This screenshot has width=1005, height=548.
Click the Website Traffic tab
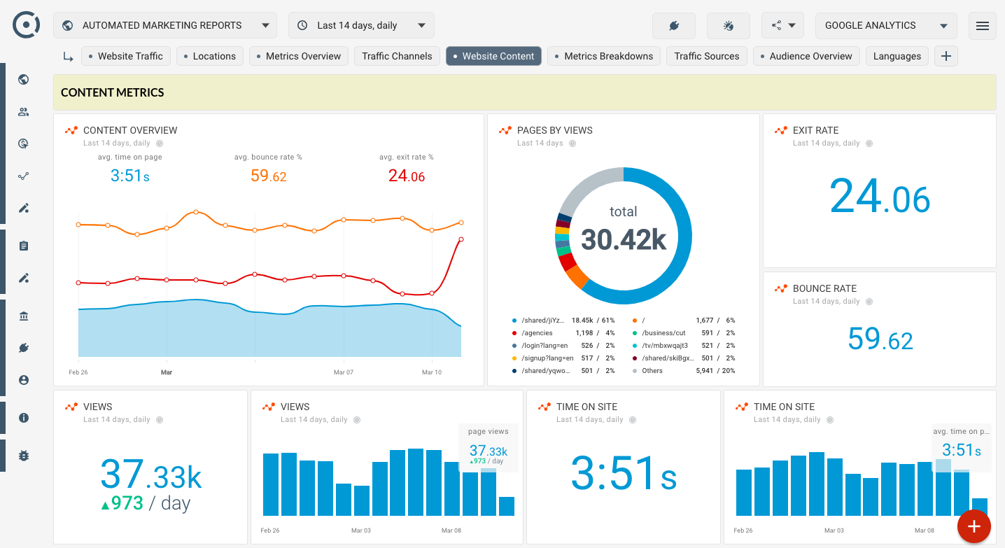125,56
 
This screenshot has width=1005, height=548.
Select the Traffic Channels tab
397,56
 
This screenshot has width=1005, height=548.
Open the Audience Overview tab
806,56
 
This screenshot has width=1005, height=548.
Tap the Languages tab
897,56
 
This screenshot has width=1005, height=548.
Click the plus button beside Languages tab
946,56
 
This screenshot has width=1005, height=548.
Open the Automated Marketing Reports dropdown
165,25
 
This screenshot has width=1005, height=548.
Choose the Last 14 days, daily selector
361,25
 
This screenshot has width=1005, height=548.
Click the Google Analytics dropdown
885,25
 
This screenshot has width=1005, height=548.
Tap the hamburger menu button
982,26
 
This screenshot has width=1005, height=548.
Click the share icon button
782,25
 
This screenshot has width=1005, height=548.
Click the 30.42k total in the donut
623,239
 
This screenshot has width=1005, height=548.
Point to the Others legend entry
652,371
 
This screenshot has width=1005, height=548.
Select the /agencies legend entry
537,333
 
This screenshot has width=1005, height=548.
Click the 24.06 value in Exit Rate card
879,198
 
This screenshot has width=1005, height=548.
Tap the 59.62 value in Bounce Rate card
880,339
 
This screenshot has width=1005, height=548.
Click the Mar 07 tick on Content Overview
343,372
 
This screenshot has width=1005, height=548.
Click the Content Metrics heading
113,92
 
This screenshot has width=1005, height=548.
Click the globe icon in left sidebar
24,79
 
